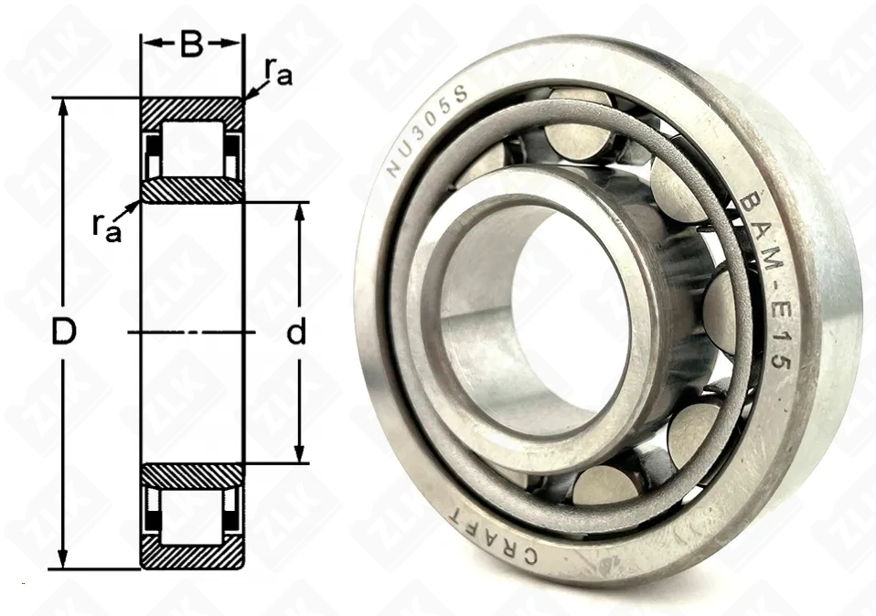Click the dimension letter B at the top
coord(191,44)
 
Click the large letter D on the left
coord(62,334)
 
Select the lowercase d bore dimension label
coord(295,334)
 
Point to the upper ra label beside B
coord(278,71)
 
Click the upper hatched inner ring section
coord(191,189)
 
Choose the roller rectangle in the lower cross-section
coord(191,513)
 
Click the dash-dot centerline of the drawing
coord(191,333)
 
